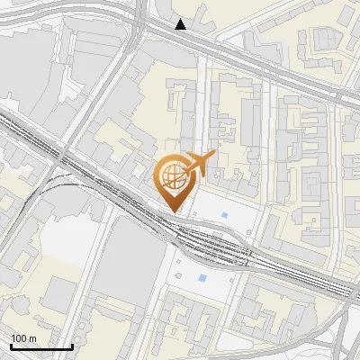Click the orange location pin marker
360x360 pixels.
pyautogui.click(x=173, y=180)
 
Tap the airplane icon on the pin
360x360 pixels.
pyautogui.click(x=198, y=164)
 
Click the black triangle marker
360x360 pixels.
pyautogui.click(x=181, y=24)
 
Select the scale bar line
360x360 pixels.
pyautogui.click(x=41, y=346)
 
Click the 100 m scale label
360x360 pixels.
pyautogui.click(x=24, y=338)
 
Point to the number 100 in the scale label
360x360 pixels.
pyautogui.click(x=20, y=338)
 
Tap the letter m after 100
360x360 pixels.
pyautogui.click(x=32, y=338)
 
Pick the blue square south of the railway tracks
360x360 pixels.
pyautogui.click(x=202, y=278)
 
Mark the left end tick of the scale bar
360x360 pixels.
pyautogui.click(x=11, y=345)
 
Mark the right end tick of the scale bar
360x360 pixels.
pyautogui.click(x=72, y=345)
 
